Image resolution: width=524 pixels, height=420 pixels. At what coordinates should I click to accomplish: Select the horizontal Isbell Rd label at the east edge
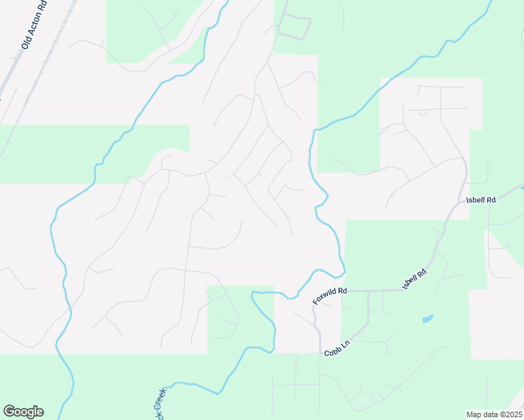[x=481, y=200]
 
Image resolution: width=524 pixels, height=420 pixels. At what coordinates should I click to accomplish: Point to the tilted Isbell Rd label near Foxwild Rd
[x=414, y=279]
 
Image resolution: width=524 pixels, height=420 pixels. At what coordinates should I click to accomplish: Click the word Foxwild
[x=326, y=296]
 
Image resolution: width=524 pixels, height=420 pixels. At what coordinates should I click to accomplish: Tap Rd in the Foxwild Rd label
[x=343, y=290]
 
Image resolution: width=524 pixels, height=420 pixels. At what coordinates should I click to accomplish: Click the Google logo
[x=23, y=412]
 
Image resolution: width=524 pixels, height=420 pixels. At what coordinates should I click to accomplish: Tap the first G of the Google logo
[x=8, y=412]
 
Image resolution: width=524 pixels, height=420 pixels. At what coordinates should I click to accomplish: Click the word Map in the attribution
[x=474, y=414]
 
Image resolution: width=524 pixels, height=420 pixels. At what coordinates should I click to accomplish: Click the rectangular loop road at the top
[x=294, y=27]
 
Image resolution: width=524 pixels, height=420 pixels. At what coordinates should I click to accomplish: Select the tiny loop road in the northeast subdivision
[x=422, y=112]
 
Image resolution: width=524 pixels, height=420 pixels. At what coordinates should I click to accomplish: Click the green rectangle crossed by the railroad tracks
[x=42, y=154]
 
